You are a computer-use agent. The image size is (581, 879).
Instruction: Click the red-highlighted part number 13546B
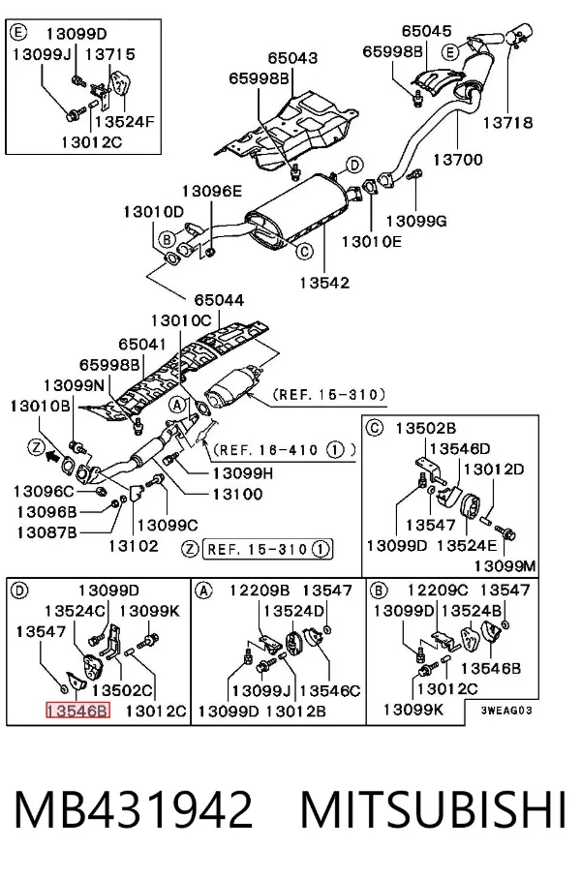[x=77, y=711]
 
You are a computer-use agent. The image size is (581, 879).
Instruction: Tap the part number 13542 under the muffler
[x=324, y=282]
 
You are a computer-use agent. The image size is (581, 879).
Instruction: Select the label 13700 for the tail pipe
[x=457, y=160]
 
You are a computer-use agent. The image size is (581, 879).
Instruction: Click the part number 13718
[x=507, y=123]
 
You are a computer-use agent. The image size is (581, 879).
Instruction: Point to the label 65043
[x=292, y=58]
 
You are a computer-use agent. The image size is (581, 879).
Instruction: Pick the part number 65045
[x=426, y=31]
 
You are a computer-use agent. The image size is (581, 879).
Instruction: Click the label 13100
[x=237, y=494]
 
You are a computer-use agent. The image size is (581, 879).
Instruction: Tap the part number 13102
[x=134, y=545]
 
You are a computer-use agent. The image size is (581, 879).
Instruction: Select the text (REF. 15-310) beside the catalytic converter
[x=329, y=395]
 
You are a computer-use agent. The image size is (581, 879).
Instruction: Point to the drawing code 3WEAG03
[x=506, y=711]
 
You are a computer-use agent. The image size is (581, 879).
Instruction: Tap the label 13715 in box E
[x=110, y=54]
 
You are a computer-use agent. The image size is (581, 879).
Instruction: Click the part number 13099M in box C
[x=505, y=566]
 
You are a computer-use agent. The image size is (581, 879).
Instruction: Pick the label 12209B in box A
[x=260, y=591]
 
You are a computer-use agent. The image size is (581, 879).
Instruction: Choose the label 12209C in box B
[x=438, y=590]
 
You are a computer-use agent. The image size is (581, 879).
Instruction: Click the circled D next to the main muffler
[x=354, y=166]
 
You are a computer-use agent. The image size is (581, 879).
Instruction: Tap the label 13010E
[x=372, y=242]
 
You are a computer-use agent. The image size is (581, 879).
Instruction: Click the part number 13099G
[x=416, y=222]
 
